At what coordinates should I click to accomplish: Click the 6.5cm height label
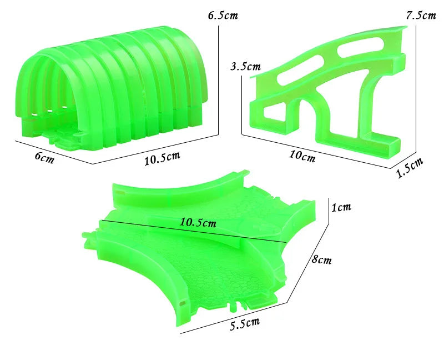pos(223,15)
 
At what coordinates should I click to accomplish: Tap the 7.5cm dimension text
pos(421,15)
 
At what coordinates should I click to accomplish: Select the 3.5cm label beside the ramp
pos(245,67)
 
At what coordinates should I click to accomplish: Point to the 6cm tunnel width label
pos(44,157)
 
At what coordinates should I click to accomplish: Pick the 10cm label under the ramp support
pos(302,156)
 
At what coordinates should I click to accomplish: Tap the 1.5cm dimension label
pos(410,169)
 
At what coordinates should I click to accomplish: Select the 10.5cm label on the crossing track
pos(198,223)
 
